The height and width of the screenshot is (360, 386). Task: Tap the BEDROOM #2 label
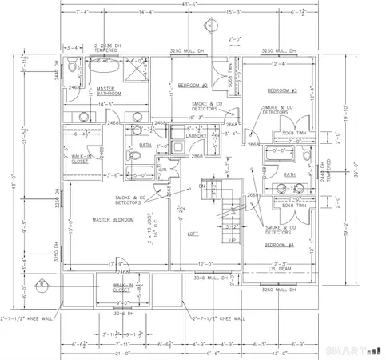(x=193, y=86)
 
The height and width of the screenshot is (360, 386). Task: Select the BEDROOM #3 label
(x=282, y=90)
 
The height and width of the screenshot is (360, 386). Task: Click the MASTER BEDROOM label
(x=113, y=219)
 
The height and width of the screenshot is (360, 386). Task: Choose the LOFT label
(x=193, y=234)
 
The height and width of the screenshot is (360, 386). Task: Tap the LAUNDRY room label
(x=197, y=136)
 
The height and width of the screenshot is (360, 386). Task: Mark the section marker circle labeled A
(x=209, y=26)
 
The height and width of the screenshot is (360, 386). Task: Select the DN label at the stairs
(x=201, y=186)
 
